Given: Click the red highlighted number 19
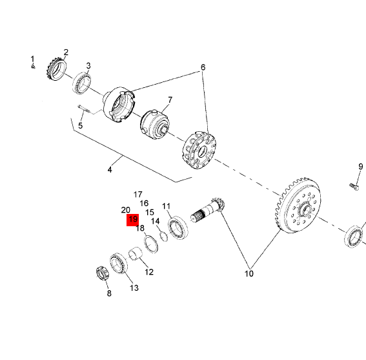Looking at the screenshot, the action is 133,220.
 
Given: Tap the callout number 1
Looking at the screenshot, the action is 32,59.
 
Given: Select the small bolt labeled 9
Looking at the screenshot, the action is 354,186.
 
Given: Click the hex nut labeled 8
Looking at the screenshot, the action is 103,273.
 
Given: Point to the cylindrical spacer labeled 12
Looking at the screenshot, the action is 136,253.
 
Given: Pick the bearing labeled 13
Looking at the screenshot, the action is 119,263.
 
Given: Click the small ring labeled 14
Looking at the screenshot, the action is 164,237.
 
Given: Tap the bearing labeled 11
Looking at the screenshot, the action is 178,228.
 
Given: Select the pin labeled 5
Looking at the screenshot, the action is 83,109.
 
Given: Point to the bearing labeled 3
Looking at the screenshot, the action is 81,83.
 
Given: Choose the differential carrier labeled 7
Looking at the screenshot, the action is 155,125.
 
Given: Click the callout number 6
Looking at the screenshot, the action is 203,67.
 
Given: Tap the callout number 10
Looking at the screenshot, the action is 249,273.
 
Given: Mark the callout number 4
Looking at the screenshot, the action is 110,169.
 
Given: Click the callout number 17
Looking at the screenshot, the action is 137,195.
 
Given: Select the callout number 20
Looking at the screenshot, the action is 126,210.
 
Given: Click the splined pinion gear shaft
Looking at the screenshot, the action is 207,209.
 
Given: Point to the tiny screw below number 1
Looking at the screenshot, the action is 33,67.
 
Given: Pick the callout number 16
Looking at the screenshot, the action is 144,204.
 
